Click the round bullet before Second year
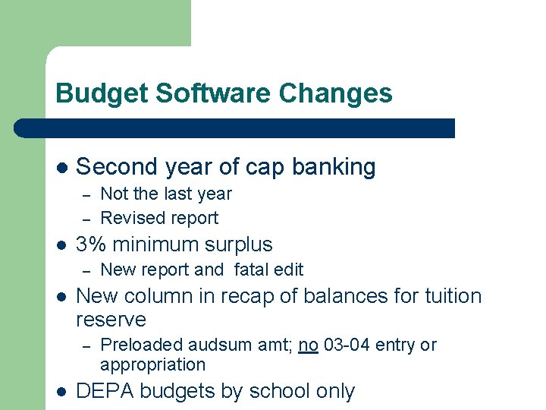61,167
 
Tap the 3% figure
92,244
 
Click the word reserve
111,320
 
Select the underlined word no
308,345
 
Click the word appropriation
152,364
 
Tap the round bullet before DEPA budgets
61,391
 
